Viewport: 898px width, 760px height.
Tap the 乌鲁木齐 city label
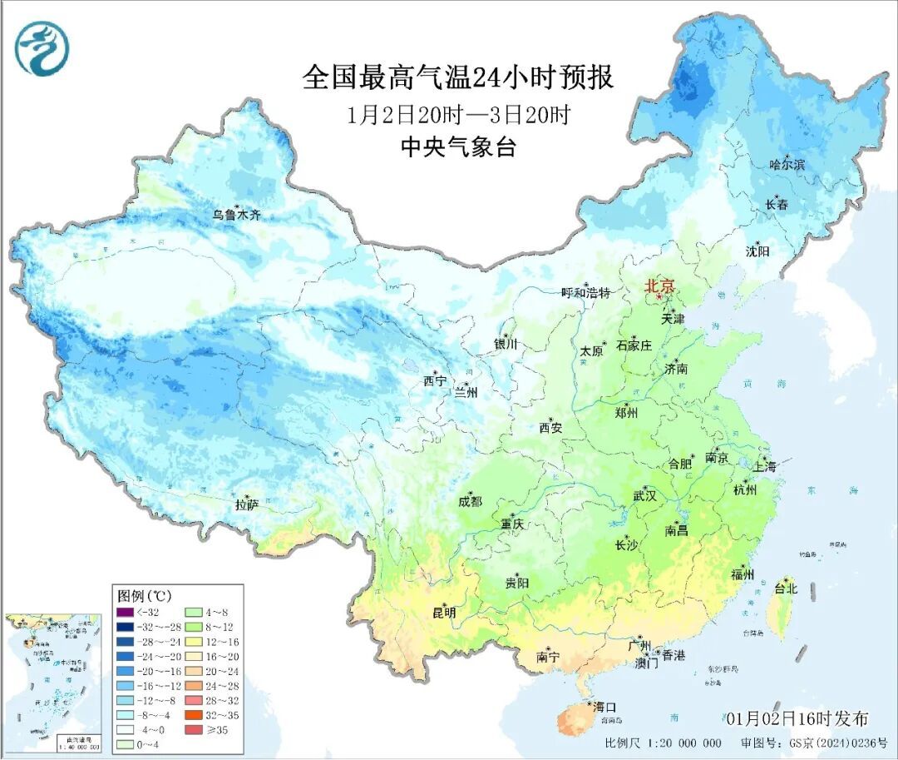click(236, 215)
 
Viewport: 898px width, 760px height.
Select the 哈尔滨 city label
click(787, 165)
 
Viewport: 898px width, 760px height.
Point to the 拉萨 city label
click(247, 504)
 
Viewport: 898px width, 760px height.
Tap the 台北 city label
click(785, 589)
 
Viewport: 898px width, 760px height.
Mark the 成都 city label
click(470, 501)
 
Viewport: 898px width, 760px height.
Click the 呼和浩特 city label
click(585, 293)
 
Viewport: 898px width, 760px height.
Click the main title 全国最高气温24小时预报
click(458, 78)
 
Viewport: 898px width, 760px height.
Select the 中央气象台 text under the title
click(458, 147)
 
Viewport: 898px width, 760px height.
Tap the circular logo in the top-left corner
click(41, 47)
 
